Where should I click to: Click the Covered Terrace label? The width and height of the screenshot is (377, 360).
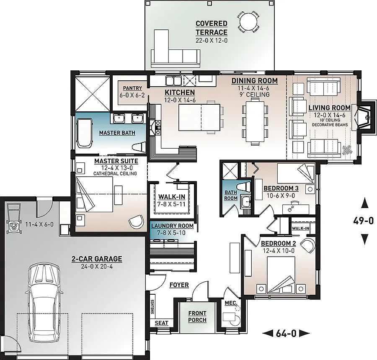tap(212, 28)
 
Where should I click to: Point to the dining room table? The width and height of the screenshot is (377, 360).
tap(255, 122)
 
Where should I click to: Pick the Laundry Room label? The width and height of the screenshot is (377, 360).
tap(172, 226)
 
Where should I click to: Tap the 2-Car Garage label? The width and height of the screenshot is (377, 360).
tap(96, 259)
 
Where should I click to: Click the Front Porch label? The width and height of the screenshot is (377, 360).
tap(197, 316)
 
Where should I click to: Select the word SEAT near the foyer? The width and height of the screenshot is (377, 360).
tap(161, 323)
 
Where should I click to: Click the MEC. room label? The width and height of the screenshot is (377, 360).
tap(231, 302)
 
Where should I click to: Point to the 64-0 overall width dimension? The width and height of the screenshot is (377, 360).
tap(286, 333)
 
